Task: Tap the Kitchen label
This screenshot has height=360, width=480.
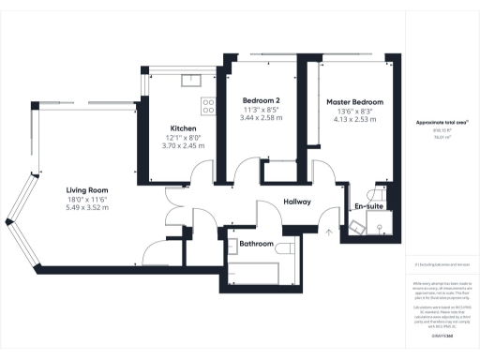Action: pyautogui.click(x=182, y=128)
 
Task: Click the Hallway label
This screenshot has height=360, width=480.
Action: pyautogui.click(x=297, y=201)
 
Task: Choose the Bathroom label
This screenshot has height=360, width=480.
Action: pyautogui.click(x=256, y=244)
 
